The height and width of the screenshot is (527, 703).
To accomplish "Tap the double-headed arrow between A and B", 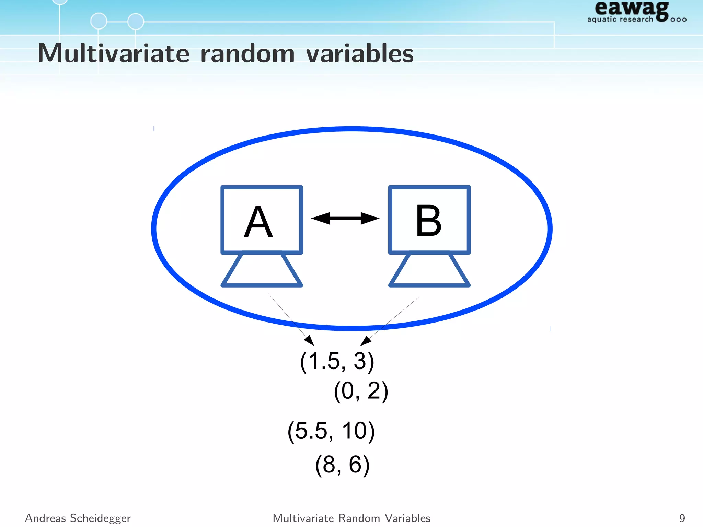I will [345, 218].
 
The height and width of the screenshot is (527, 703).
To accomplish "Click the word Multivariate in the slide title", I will [114, 54].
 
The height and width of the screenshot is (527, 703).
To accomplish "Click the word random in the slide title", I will [247, 54].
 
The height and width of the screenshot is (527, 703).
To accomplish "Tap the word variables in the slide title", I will [360, 54].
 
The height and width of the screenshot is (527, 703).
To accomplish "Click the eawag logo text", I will [632, 8].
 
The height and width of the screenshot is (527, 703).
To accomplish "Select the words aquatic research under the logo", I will [620, 19].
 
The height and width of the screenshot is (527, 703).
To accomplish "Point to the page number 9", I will [682, 518].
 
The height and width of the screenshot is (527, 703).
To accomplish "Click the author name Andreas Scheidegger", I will [78, 518].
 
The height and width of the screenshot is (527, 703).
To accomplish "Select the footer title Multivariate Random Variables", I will [351, 518].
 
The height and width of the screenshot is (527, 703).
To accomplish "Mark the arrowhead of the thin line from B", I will [365, 341].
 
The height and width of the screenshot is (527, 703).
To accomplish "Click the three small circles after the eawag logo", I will [678, 20].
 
